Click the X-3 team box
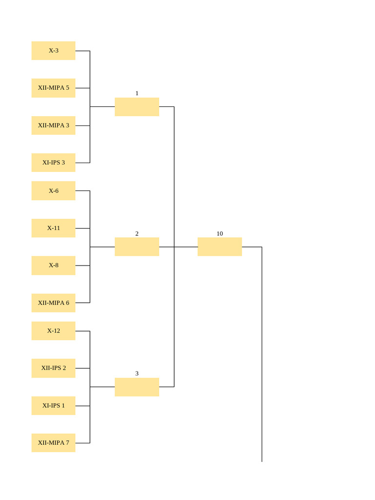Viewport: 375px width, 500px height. (54, 51)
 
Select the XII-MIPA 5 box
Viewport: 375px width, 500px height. (54, 88)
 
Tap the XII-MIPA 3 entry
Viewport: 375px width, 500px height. (54, 125)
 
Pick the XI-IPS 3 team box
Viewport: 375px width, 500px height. (54, 163)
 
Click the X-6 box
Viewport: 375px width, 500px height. (54, 191)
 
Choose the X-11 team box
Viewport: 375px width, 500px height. (54, 228)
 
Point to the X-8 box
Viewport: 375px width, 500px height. (54, 266)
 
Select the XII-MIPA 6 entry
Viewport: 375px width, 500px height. (54, 303)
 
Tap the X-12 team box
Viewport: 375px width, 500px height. (54, 331)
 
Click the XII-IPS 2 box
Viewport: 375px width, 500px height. (54, 368)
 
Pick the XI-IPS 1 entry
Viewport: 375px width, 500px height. (54, 406)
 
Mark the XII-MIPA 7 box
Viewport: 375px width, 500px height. (54, 443)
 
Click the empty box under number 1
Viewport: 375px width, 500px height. (137, 107)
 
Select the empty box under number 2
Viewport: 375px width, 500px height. (137, 247)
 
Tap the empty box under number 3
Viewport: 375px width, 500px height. (137, 387)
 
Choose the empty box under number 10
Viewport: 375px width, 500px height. (220, 247)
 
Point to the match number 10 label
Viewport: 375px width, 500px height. (220, 234)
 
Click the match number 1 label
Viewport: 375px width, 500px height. (137, 93)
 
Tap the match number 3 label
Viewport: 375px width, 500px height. (137, 374)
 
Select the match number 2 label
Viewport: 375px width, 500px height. (137, 234)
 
